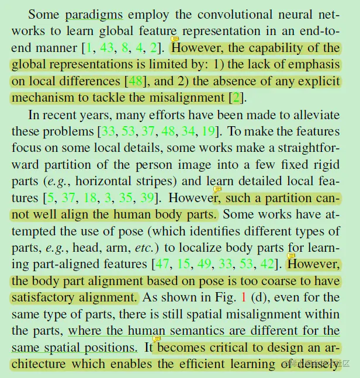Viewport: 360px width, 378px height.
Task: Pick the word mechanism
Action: click(43, 98)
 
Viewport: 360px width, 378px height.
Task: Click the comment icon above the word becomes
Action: click(157, 339)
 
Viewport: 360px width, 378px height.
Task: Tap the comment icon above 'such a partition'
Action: click(217, 189)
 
